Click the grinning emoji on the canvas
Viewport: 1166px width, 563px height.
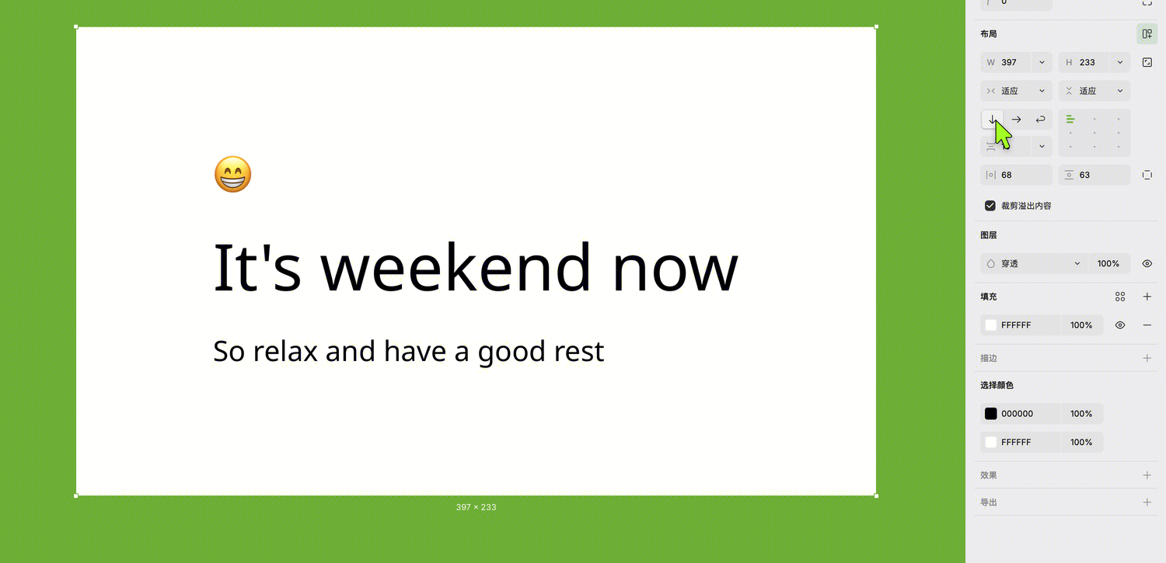pos(232,174)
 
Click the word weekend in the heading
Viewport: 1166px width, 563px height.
pos(456,268)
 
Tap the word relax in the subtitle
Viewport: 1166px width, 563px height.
pos(285,351)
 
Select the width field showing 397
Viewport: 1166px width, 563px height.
pos(1016,62)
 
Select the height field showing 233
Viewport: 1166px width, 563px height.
pos(1094,62)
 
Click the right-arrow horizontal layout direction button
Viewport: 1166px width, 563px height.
pos(1016,120)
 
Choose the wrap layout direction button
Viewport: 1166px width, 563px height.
pos(1040,120)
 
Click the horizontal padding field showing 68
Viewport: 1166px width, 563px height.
pos(1016,175)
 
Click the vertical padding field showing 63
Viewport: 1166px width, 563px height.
pos(1094,175)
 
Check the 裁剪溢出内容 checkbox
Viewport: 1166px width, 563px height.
pos(990,206)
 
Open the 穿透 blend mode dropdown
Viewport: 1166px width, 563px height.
pos(1033,263)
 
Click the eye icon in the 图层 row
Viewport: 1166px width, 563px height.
pos(1147,263)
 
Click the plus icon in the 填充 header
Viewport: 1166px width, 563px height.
pos(1147,297)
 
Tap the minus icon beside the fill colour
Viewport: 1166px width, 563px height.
pos(1147,325)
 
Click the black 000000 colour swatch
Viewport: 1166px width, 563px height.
pos(990,414)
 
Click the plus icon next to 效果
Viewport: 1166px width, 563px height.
pos(1147,475)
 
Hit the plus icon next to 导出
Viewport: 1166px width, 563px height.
pos(1147,502)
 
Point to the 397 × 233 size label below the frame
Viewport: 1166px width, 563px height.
pos(476,507)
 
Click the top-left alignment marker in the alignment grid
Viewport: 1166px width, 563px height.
pos(1070,120)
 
